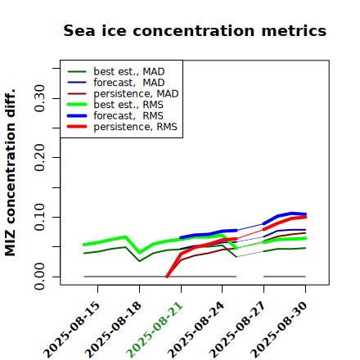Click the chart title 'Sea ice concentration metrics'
point(195,30)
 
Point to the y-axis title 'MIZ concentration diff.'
point(10,173)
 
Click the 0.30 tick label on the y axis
point(40,98)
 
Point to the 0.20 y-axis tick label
point(40,157)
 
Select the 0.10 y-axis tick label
point(40,217)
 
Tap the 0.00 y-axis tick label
point(40,277)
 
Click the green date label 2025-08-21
point(155,330)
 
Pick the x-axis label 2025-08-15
point(71,330)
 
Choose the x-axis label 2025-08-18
point(113,330)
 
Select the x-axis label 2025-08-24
point(196,330)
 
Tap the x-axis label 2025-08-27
point(237,330)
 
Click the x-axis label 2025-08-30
point(279,330)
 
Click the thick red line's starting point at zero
point(167,277)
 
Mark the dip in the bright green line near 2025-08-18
point(140,253)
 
